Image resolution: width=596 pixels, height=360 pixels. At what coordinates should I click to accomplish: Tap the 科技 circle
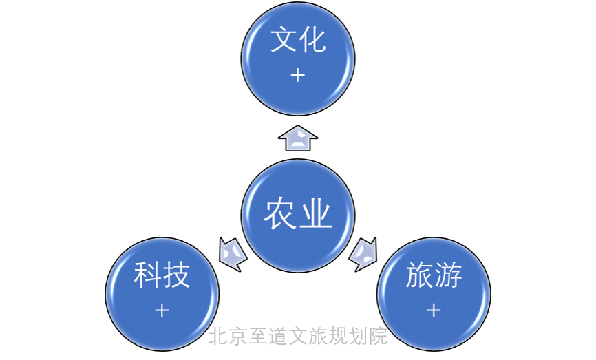(162, 293)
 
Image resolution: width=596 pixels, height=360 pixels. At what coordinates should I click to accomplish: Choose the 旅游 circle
(434, 293)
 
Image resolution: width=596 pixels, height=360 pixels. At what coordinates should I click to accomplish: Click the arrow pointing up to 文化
(298, 138)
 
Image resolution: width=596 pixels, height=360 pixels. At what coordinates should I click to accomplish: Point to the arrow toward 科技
(232, 253)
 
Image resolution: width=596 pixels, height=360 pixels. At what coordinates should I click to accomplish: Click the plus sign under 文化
(298, 75)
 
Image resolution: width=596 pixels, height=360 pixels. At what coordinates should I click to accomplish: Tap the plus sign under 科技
(162, 310)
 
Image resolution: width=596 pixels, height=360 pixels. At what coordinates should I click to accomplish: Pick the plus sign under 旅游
(434, 310)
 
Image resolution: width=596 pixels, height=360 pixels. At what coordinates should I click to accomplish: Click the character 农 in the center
(280, 215)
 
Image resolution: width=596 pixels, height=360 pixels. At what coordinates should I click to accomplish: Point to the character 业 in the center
(316, 215)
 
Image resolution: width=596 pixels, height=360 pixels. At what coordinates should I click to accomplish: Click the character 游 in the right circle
(449, 276)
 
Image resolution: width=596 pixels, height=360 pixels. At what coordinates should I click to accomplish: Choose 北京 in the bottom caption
(228, 336)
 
